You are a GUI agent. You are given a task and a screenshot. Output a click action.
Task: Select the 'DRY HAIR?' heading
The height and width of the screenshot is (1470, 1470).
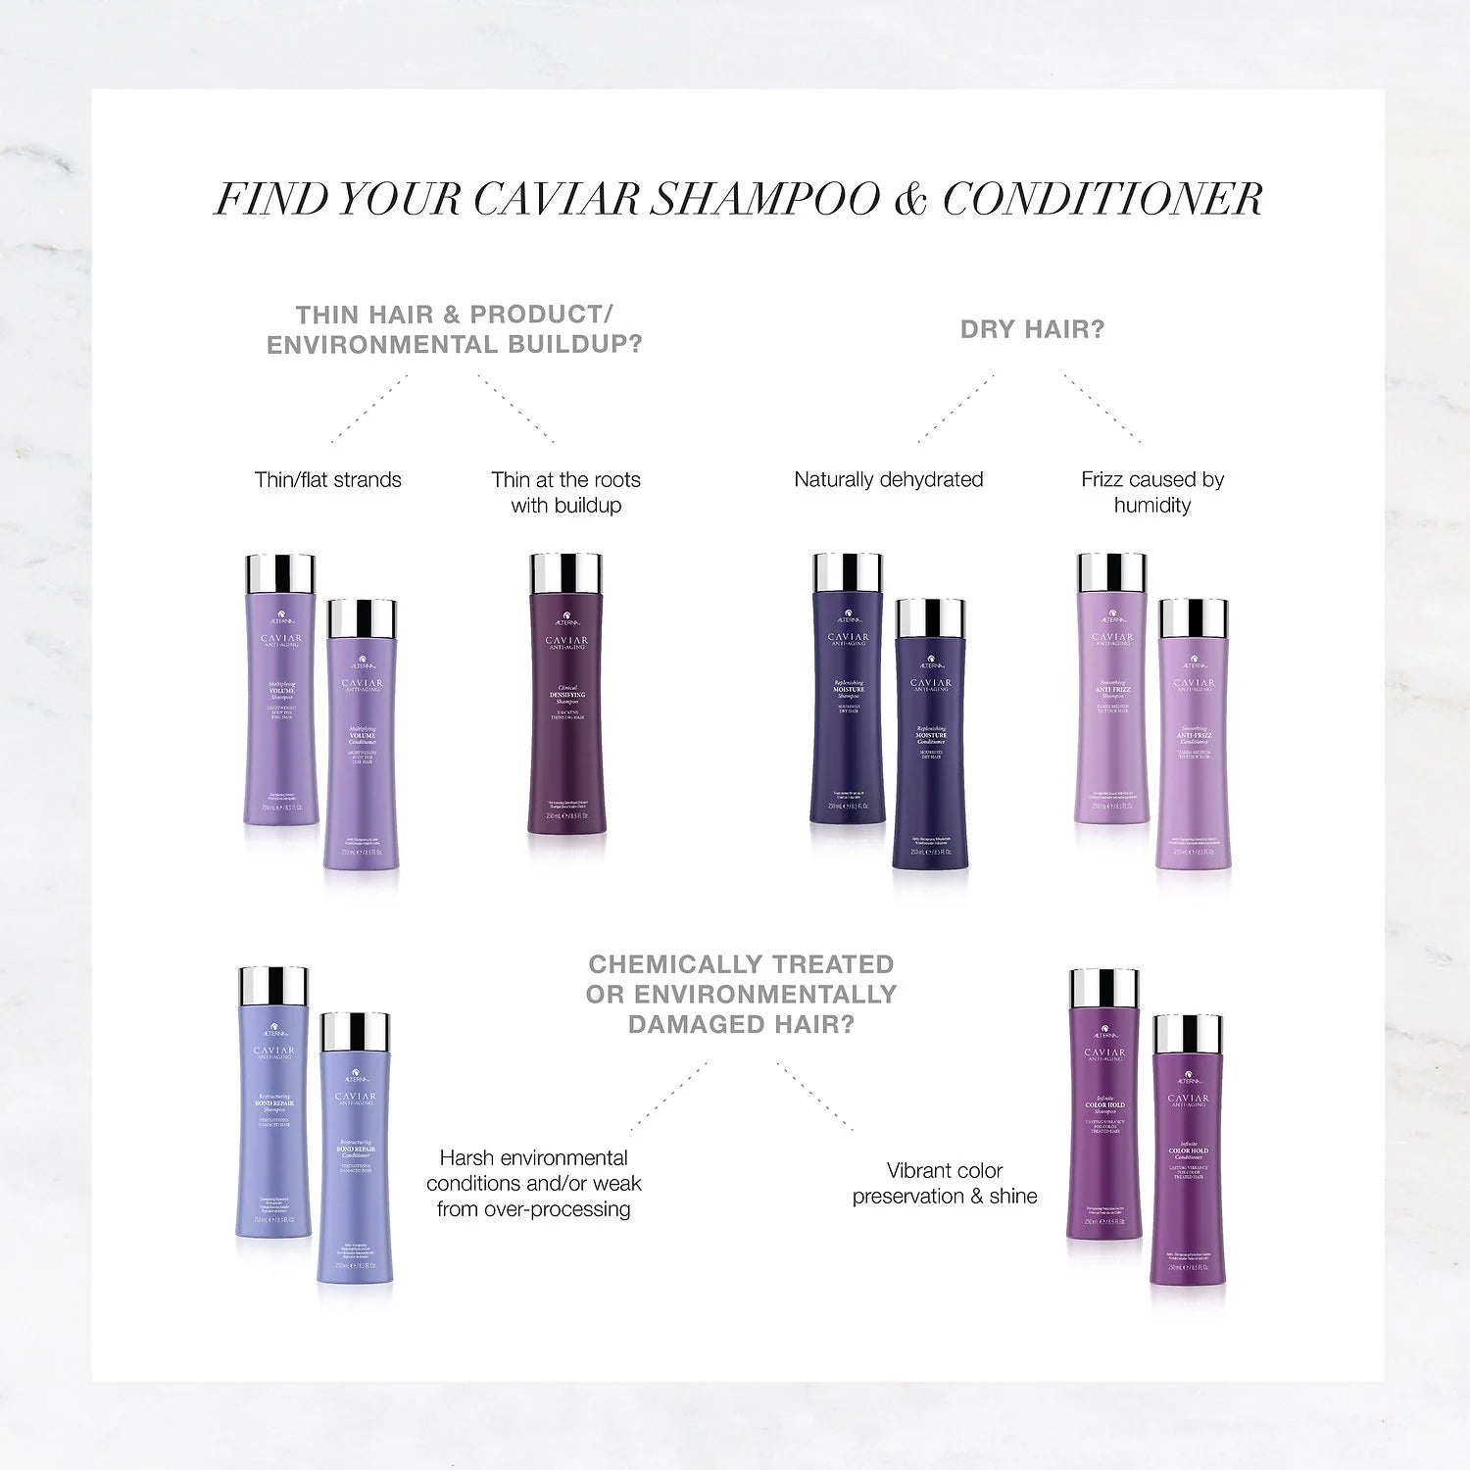coord(1032,330)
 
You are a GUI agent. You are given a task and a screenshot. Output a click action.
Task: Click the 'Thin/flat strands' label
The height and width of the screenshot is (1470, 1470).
coord(328,480)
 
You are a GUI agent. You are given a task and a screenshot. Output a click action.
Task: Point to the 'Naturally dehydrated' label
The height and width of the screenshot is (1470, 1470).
coord(889,480)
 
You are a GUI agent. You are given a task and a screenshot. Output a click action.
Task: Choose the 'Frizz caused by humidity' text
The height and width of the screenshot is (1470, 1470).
coord(1152,492)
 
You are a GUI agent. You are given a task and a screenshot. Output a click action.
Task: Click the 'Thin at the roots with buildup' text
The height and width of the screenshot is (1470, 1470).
coord(565,492)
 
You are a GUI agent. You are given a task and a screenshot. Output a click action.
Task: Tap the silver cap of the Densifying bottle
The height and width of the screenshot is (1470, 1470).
coord(565,572)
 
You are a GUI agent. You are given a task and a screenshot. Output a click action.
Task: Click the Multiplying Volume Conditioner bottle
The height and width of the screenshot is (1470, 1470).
coord(362,745)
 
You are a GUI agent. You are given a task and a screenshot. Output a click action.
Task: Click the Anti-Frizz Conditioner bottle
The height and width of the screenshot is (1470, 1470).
coord(1194,745)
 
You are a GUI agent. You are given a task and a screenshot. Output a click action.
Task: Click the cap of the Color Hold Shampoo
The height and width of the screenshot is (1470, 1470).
coord(1104,988)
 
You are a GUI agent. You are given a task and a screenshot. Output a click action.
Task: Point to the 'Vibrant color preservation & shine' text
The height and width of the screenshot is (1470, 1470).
coord(945,1183)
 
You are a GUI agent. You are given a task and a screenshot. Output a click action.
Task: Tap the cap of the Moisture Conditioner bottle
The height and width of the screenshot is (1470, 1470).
coord(931,617)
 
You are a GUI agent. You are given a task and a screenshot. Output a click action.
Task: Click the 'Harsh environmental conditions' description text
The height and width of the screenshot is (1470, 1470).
coord(534,1183)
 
